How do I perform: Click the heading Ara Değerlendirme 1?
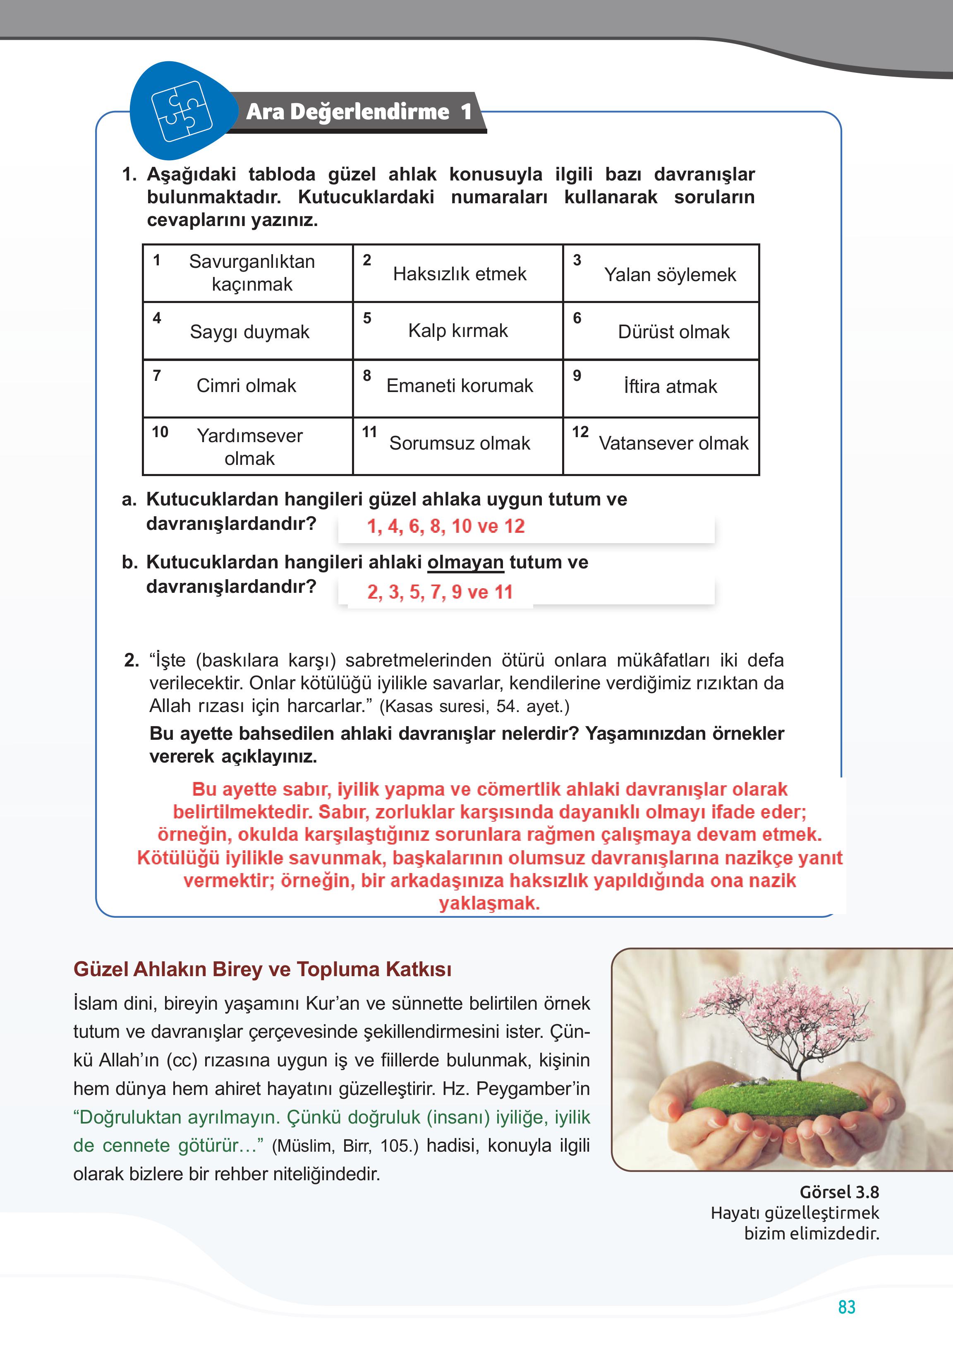click(359, 112)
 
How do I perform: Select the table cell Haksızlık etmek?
click(460, 274)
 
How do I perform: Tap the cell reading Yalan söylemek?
click(670, 274)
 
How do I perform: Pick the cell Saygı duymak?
click(249, 332)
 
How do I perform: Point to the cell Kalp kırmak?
click(458, 331)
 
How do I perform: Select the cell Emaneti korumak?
click(460, 386)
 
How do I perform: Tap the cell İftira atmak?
click(670, 387)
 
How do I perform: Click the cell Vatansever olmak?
click(673, 443)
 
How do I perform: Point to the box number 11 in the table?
click(369, 432)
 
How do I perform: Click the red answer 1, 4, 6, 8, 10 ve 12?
click(446, 526)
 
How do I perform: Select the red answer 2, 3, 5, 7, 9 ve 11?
click(440, 592)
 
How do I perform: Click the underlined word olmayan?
click(465, 563)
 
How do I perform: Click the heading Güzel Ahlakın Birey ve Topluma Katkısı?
click(262, 969)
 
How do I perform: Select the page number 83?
click(846, 1307)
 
